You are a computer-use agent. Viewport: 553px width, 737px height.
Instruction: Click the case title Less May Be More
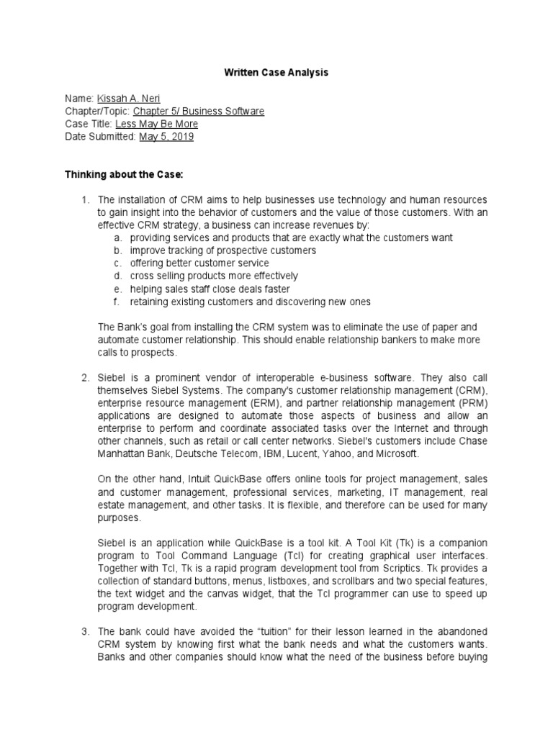(x=157, y=124)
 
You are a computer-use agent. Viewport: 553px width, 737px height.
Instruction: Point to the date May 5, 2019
(x=166, y=137)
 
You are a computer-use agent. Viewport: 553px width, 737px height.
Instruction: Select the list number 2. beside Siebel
(x=84, y=377)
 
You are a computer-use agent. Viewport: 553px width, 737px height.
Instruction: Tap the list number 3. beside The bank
(x=84, y=631)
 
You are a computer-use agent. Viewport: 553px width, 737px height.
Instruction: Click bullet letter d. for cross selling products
(x=118, y=276)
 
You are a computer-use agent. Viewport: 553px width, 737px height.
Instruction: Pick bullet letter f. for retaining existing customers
(x=118, y=302)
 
